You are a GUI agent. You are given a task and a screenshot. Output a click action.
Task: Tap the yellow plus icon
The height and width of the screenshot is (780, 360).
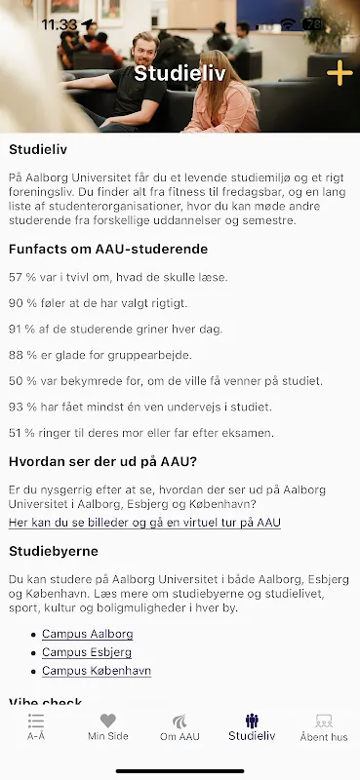pyautogui.click(x=339, y=73)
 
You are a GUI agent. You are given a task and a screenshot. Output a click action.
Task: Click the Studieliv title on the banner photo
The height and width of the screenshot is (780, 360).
pyautogui.click(x=175, y=73)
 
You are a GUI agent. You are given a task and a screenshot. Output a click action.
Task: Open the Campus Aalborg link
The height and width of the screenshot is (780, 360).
pyautogui.click(x=87, y=634)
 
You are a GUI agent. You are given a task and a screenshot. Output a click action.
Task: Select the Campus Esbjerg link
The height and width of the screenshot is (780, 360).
pyautogui.click(x=87, y=652)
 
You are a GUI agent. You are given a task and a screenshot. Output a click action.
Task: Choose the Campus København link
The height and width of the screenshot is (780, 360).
pyautogui.click(x=96, y=671)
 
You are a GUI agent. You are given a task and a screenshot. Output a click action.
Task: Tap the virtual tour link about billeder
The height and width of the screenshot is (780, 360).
pyautogui.click(x=144, y=523)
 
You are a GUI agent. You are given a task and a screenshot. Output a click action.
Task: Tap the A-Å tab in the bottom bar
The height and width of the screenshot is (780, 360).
pyautogui.click(x=36, y=727)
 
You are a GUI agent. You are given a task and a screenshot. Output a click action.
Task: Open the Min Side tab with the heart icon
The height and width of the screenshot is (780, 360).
pyautogui.click(x=107, y=727)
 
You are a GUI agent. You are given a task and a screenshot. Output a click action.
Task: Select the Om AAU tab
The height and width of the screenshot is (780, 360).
pyautogui.click(x=180, y=727)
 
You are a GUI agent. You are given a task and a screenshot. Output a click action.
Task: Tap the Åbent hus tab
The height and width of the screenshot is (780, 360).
pyautogui.click(x=324, y=727)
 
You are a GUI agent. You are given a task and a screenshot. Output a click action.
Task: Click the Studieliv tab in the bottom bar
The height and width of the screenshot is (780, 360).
pyautogui.click(x=252, y=727)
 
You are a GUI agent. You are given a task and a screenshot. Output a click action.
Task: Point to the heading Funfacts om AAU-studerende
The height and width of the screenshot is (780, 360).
pyautogui.click(x=108, y=249)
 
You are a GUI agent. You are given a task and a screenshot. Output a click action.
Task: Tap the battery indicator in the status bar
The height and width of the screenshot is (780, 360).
pyautogui.click(x=313, y=23)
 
